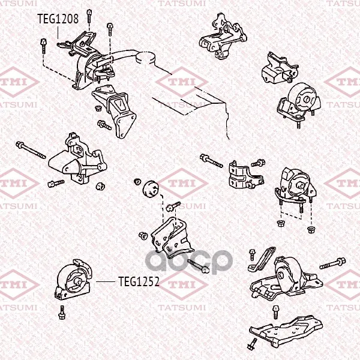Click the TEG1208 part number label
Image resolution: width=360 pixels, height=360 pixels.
[x=58, y=19]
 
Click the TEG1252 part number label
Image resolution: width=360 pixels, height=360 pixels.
[x=139, y=281]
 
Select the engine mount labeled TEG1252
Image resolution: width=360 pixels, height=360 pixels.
[x=74, y=280]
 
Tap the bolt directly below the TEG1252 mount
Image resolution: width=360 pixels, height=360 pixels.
[x=62, y=313]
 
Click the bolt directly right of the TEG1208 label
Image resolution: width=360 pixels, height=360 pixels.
[x=89, y=16]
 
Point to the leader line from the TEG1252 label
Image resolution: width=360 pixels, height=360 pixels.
[x=106, y=281]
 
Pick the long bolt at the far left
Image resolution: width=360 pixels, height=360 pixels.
[x=31, y=150]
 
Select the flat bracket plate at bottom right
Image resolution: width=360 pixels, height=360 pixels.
[x=286, y=329]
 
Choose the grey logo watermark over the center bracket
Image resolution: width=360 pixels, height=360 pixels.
[x=189, y=262]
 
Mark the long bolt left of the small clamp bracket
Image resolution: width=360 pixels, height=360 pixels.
[x=211, y=161]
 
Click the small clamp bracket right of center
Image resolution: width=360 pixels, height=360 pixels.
[x=246, y=175]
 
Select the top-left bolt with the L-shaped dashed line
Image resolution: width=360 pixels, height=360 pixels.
[x=43, y=46]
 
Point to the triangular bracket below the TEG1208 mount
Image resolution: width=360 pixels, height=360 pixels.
[x=114, y=110]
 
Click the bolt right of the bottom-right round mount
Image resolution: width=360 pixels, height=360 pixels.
[x=332, y=263]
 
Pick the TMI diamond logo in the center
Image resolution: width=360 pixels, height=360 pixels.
[x=182, y=183]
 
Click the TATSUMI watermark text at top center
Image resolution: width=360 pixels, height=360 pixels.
[x=182, y=4]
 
